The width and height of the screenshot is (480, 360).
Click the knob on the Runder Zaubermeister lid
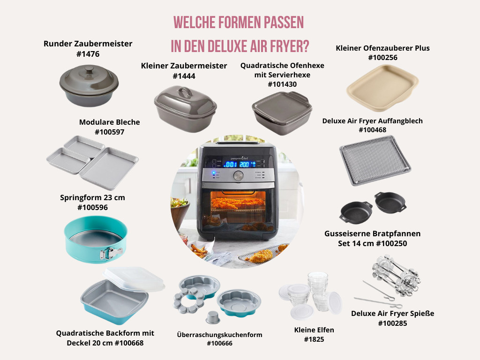89,70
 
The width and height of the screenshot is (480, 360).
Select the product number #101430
282,84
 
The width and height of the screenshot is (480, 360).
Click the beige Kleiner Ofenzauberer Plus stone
382,88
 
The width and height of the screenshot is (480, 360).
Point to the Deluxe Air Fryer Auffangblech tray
375,160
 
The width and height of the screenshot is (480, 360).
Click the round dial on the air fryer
238,176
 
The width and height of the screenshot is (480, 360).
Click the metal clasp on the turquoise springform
111,253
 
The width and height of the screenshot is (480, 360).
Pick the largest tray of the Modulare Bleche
109,168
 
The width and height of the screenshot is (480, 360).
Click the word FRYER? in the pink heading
289,46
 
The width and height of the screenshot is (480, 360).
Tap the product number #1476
88,54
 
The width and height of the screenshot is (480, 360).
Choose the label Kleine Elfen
314,330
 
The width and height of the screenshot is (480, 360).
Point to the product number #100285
392,323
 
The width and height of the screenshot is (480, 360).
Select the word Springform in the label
79,198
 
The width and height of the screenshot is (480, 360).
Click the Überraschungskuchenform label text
219,335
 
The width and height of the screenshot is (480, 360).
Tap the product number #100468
373,130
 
